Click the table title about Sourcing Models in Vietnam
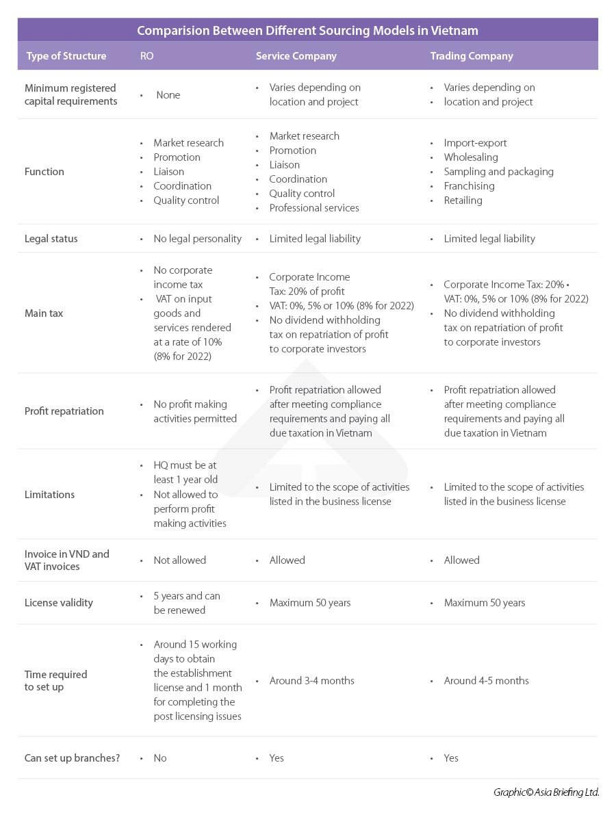307,30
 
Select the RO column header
146,56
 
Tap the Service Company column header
296,56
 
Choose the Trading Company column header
471,56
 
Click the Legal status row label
51,239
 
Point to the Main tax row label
44,313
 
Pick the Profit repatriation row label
64,411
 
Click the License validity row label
59,603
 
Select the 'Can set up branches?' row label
72,758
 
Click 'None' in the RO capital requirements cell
168,95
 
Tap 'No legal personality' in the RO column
197,239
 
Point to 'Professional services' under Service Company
313,208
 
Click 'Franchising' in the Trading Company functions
469,186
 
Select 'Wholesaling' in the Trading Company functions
471,157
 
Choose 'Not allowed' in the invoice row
179,560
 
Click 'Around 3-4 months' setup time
311,681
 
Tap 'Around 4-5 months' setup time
486,681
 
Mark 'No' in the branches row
160,758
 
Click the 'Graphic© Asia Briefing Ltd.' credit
546,792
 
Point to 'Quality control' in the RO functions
186,200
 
